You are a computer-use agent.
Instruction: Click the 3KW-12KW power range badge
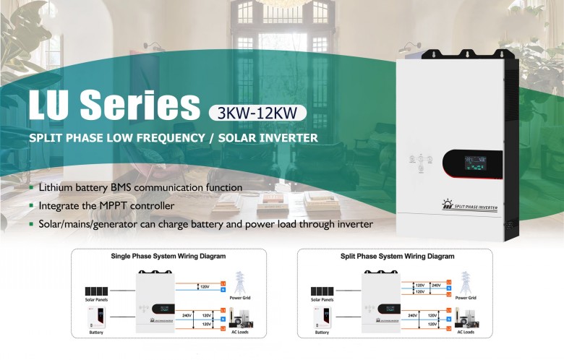tap(257, 113)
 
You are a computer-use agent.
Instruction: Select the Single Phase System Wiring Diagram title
tap(168, 256)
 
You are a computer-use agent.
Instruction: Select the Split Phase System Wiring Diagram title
tap(397, 256)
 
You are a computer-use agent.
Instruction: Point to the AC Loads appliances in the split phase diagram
tap(465, 318)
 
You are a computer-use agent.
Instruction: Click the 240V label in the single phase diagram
tap(187, 315)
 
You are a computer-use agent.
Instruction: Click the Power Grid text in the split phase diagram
tap(466, 298)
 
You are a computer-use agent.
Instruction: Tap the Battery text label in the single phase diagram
tap(96, 333)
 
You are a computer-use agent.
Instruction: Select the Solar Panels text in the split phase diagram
tap(322, 299)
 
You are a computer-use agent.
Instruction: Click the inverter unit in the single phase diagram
tap(158, 302)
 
